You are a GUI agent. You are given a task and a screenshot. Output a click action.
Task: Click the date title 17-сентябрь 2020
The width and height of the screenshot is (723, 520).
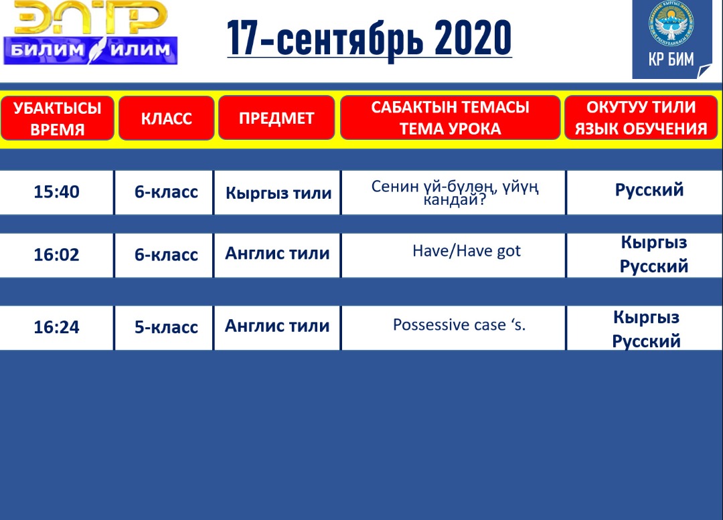pos(370,39)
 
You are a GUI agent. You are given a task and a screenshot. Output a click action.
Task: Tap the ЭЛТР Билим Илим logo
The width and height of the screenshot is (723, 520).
pos(90,32)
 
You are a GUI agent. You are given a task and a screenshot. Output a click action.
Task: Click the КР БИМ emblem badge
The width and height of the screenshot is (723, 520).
pos(671,39)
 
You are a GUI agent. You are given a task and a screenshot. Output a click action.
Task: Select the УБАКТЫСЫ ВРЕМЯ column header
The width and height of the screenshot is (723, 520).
pos(57,118)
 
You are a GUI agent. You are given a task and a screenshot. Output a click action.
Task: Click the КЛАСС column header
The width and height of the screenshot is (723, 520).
pos(167,118)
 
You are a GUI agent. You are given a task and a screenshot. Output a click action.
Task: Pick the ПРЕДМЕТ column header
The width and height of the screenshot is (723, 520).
pos(276,118)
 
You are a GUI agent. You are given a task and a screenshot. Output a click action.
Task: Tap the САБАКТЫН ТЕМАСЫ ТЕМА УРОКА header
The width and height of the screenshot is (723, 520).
pos(450,118)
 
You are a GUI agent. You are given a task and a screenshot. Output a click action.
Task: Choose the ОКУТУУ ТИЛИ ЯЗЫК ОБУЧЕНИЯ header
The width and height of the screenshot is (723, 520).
pos(641,118)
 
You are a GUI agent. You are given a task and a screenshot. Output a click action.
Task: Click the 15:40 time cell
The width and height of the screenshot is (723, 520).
pos(56,192)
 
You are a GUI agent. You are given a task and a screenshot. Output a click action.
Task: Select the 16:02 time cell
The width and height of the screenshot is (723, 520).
pos(56,254)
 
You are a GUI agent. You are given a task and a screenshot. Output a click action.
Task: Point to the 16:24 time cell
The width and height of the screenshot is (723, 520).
pos(56,327)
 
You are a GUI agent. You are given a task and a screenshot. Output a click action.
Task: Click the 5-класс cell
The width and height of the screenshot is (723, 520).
pos(166,327)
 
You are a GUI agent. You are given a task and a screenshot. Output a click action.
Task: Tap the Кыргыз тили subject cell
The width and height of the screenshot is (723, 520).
pos(278,193)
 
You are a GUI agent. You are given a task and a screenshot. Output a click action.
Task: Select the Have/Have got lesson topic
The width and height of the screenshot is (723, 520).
pos(467,251)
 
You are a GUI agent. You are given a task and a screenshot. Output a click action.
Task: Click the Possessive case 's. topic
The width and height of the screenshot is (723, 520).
pos(459,325)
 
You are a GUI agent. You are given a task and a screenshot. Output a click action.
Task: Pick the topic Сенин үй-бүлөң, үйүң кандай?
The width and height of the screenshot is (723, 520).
pos(455,193)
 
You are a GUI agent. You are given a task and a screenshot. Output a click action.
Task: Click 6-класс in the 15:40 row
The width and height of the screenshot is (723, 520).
pos(166,192)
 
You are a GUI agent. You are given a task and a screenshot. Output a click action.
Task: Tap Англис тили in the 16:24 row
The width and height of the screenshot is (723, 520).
pos(277,326)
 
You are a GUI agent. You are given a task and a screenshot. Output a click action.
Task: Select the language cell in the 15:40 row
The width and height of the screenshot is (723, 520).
pos(649,190)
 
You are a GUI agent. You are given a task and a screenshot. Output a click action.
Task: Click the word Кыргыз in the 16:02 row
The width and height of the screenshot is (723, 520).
pos(654,242)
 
